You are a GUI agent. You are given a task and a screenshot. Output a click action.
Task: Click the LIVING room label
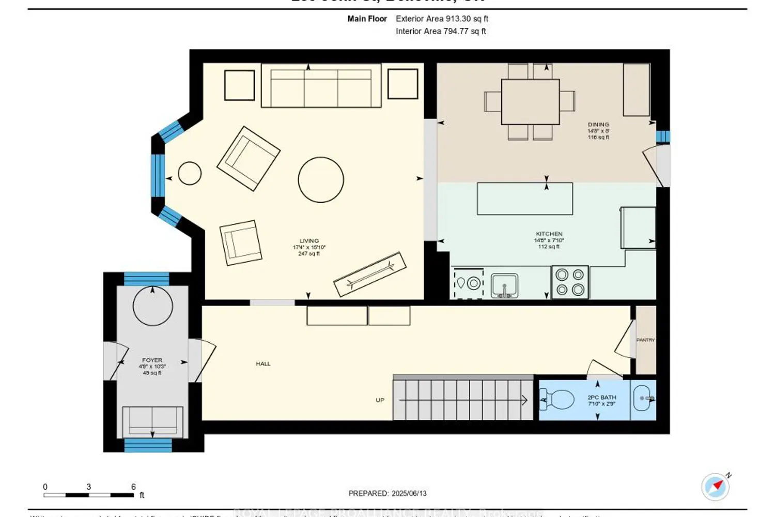pos(309,241)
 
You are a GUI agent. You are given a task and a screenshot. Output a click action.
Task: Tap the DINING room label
pos(598,125)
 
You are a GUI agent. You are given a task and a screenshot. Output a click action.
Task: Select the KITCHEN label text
pos(549,234)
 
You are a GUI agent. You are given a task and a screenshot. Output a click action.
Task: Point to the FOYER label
pos(152,360)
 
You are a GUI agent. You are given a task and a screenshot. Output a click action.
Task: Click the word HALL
pos(263,364)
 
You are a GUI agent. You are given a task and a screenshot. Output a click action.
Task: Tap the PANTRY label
pos(645,340)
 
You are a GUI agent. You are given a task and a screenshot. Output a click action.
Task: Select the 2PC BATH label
pos(601,398)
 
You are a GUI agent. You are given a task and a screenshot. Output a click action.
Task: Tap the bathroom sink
pos(643,399)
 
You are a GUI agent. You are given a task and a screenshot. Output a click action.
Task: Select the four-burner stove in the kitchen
pos(570,282)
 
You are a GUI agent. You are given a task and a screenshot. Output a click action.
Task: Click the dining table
pos(530,101)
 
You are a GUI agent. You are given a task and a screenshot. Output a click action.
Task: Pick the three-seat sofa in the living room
pos(321,86)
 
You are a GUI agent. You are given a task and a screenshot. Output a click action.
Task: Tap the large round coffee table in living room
pos(321,179)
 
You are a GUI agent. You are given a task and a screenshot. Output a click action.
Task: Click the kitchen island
pos(524,199)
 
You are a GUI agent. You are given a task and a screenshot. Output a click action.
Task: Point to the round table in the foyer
pos(152,306)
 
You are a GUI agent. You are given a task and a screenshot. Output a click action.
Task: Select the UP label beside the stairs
pos(380,400)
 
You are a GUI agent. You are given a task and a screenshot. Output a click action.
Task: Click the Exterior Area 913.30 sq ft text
pos(442,19)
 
